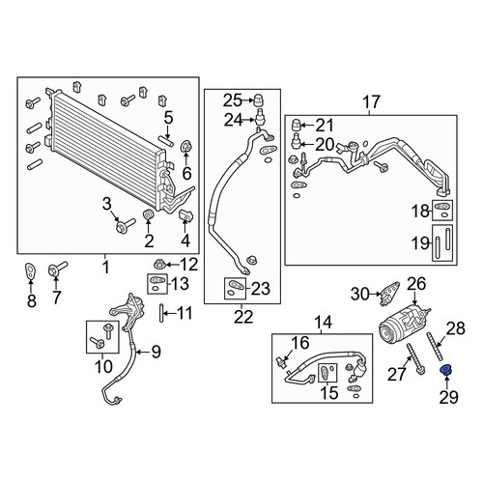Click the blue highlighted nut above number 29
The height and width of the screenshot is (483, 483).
[x=446, y=370]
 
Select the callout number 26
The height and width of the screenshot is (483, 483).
[x=416, y=284]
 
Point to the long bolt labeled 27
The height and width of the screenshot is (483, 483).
[x=415, y=359]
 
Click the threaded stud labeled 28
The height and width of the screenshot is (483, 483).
[x=434, y=349]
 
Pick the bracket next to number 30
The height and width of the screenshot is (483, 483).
[x=389, y=294]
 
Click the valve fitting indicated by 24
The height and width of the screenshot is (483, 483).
[x=261, y=118]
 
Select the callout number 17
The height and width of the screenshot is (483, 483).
[x=372, y=102]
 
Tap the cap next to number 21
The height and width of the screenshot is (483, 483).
[x=297, y=125]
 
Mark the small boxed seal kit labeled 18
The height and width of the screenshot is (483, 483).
[x=442, y=211]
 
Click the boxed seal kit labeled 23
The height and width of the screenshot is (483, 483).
[x=235, y=288]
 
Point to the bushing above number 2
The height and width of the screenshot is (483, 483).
[x=148, y=214]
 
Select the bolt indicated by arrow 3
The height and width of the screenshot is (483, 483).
[x=126, y=225]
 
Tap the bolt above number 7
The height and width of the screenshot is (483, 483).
[x=57, y=269]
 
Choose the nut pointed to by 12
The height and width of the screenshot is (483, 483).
[x=159, y=265]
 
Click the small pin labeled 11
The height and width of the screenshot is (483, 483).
[x=161, y=313]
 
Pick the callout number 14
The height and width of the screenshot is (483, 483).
[x=323, y=322]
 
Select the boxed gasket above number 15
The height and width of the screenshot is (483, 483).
[x=327, y=373]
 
